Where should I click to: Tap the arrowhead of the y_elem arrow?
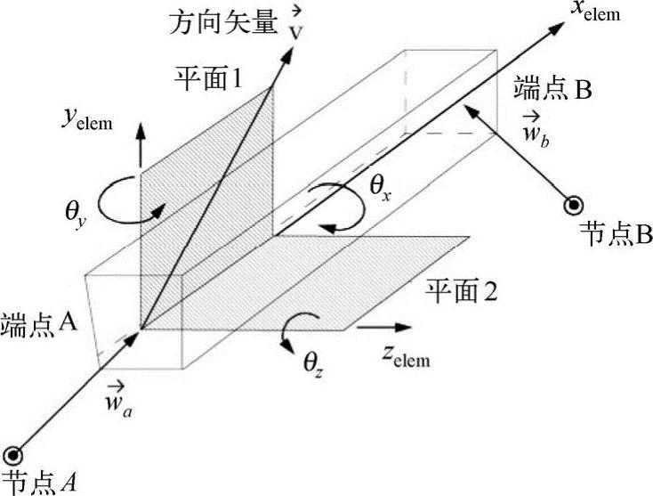pos(140,131)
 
